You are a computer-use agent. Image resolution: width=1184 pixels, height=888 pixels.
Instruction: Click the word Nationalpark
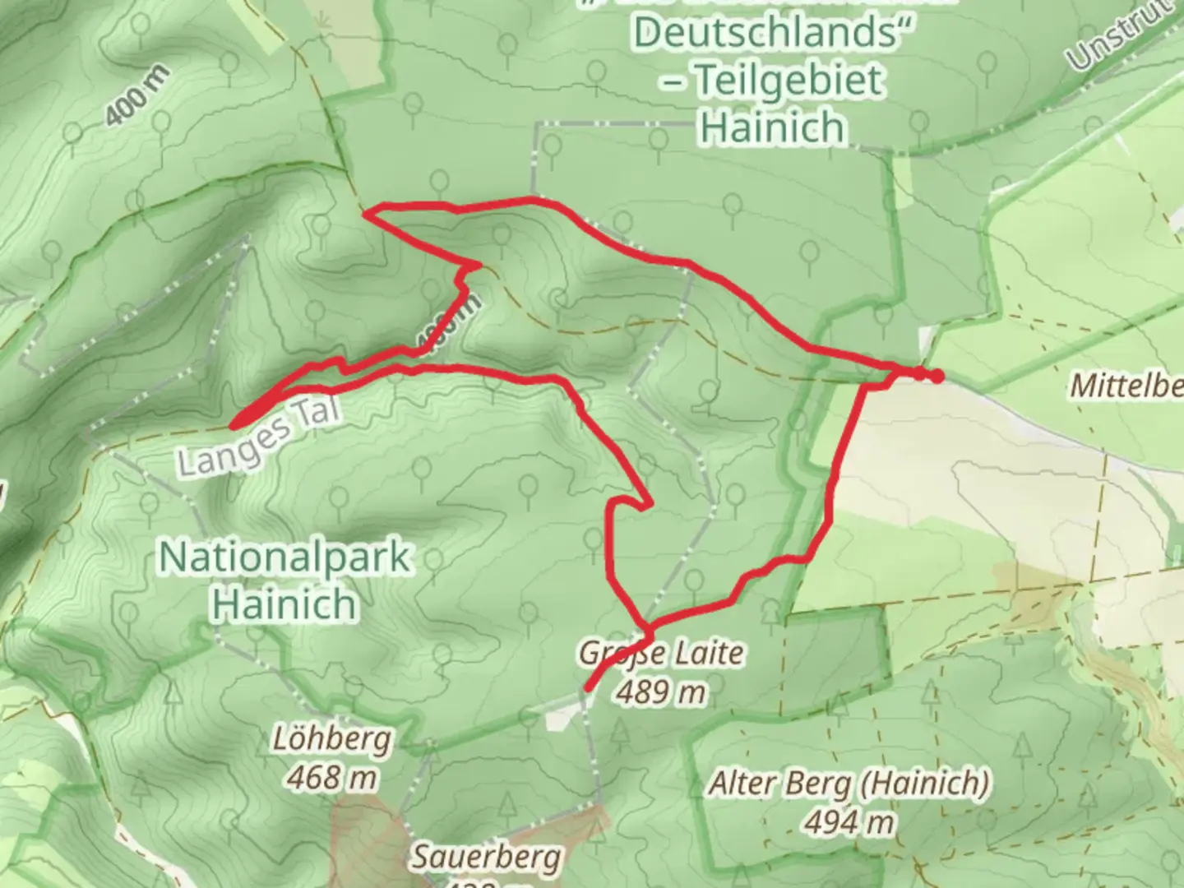point(284,558)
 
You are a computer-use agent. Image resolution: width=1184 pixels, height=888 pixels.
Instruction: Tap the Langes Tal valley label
point(258,443)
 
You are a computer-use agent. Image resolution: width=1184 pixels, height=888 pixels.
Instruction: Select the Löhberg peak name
point(331,739)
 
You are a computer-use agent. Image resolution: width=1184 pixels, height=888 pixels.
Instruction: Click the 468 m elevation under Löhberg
point(331,775)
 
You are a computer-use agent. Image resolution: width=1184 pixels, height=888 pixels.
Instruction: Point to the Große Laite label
point(661,654)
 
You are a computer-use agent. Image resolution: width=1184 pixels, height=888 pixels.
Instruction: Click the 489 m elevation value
point(661,691)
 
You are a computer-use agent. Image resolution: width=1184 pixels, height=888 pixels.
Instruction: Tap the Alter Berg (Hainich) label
point(849,784)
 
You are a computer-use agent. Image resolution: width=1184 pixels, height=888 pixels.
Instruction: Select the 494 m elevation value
point(849,821)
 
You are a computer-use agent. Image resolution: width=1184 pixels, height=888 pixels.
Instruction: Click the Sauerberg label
point(487,858)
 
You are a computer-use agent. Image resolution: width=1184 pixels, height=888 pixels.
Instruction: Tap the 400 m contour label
point(137,96)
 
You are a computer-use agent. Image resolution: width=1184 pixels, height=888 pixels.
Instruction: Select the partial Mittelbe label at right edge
point(1126,386)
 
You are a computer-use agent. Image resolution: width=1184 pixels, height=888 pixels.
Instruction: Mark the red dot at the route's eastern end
point(936,377)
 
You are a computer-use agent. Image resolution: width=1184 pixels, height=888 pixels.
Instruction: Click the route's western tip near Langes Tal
point(234,424)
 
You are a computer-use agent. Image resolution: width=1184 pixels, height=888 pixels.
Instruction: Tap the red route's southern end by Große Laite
point(588,687)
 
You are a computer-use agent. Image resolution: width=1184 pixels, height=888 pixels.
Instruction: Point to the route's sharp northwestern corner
point(368,215)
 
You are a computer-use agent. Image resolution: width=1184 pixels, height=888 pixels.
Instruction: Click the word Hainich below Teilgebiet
point(773,127)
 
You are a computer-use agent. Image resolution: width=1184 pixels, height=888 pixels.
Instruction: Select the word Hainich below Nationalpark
point(284,604)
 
